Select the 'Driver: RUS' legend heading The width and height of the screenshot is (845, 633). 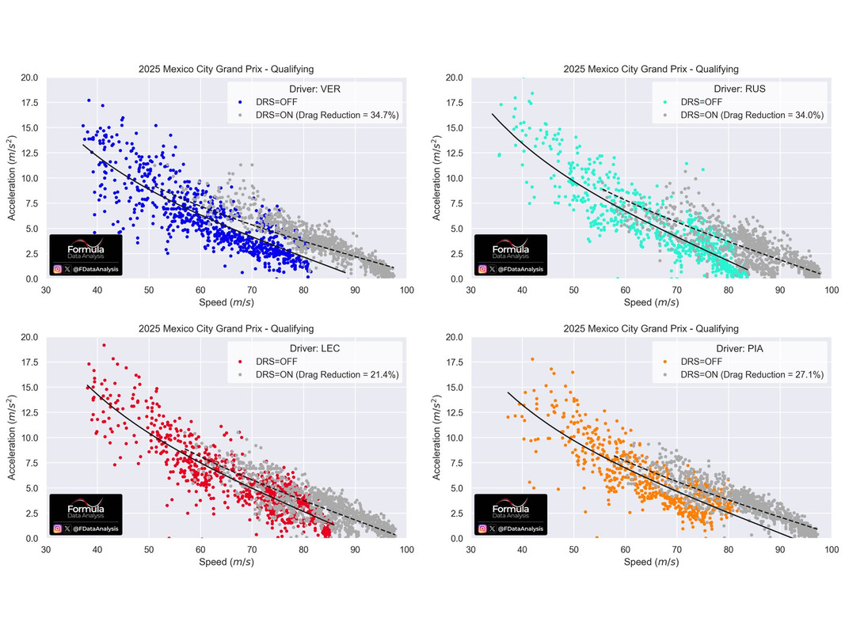click(x=739, y=88)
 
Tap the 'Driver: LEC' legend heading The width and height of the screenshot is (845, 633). click(x=314, y=347)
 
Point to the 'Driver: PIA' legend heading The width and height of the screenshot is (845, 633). click(x=739, y=347)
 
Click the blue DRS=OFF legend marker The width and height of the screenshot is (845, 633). click(x=240, y=102)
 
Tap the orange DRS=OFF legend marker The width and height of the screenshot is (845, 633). click(x=665, y=362)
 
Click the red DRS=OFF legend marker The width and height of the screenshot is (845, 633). click(x=240, y=362)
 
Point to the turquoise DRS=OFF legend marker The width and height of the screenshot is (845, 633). click(x=665, y=102)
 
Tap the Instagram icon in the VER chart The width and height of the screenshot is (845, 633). click(x=58, y=269)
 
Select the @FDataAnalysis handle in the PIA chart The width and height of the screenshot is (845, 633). click(x=520, y=529)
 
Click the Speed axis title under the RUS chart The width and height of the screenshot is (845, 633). click(x=651, y=302)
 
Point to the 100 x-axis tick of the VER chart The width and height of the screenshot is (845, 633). click(x=406, y=290)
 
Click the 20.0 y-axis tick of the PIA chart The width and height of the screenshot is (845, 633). click(x=454, y=337)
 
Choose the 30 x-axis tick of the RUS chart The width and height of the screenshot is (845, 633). click(x=470, y=290)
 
